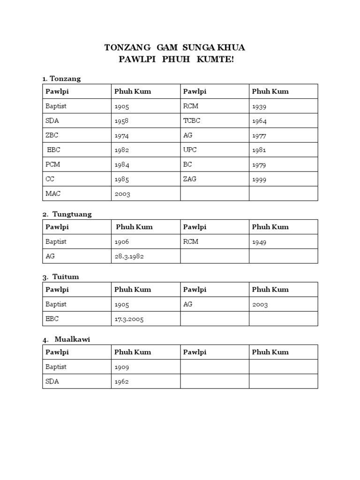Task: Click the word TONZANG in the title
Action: tap(127, 48)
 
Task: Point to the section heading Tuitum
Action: tap(66, 277)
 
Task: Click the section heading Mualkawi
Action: tap(72, 339)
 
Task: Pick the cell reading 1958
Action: tap(121, 121)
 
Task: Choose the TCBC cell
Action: tap(192, 120)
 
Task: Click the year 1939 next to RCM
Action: tap(259, 106)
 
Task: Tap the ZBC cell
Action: tap(52, 135)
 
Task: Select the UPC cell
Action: tap(190, 150)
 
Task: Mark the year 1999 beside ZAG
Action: tap(259, 179)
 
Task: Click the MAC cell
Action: tap(53, 193)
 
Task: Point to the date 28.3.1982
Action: tap(129, 256)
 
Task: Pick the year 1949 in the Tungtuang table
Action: tap(259, 242)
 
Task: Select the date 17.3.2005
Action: tap(129, 319)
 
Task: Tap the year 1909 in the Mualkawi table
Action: tap(121, 367)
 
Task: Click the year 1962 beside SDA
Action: tap(121, 382)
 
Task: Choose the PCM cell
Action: tap(52, 165)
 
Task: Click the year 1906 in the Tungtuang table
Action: tap(121, 242)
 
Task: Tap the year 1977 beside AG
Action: tap(259, 135)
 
